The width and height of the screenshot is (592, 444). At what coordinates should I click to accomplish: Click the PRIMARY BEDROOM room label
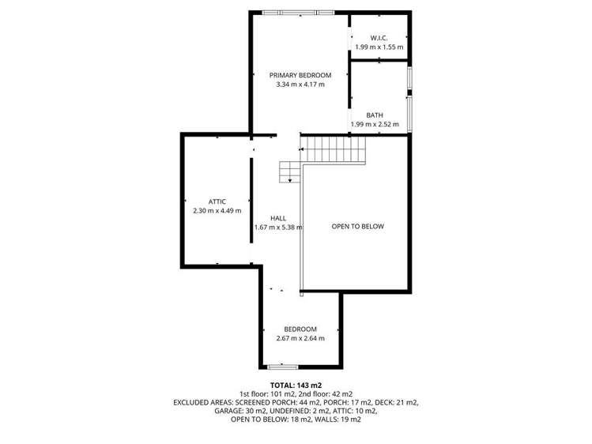[x=300, y=75]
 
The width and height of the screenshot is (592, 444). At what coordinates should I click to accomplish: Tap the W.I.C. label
[x=379, y=38]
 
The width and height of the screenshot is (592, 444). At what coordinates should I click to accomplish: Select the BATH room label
[x=375, y=115]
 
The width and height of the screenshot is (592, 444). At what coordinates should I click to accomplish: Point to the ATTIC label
[x=217, y=201]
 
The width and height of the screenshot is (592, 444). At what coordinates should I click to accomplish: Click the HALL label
[x=278, y=218]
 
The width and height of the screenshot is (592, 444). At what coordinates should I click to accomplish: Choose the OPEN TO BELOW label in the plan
[x=357, y=227]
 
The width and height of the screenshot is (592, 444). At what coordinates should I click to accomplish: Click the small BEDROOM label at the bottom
[x=300, y=329]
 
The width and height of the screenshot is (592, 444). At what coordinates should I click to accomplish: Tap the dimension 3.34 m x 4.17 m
[x=300, y=85]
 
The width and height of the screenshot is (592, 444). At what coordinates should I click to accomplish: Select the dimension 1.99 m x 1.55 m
[x=379, y=47]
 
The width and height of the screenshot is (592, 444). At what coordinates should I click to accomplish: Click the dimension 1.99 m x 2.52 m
[x=375, y=125]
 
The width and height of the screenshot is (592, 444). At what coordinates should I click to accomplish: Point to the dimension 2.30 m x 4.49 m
[x=217, y=211]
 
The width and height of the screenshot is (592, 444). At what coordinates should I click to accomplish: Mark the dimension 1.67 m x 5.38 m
[x=278, y=228]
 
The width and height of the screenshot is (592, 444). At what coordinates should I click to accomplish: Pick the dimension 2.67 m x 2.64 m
[x=300, y=339]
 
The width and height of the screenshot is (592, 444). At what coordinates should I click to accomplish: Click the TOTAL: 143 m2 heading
[x=296, y=385]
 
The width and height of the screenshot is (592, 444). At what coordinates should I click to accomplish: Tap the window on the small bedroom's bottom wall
[x=282, y=367]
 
